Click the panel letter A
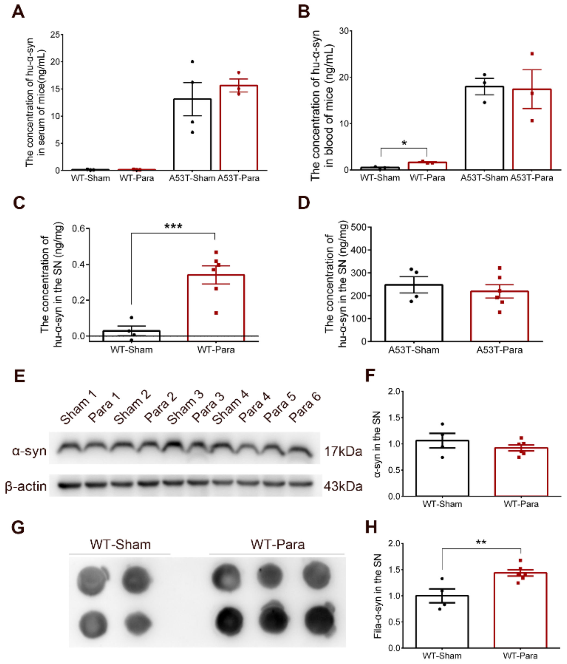point(18,12)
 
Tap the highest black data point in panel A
point(193,61)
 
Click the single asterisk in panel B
point(404,143)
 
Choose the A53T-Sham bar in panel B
point(484,128)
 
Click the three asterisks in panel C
point(173,226)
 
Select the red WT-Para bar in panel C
point(216,308)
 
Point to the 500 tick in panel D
point(358,227)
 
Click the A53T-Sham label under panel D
point(414,350)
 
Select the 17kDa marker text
point(343,452)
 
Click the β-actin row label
point(26,486)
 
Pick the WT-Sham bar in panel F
point(442,468)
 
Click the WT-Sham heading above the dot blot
point(120,545)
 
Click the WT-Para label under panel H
point(520,656)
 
